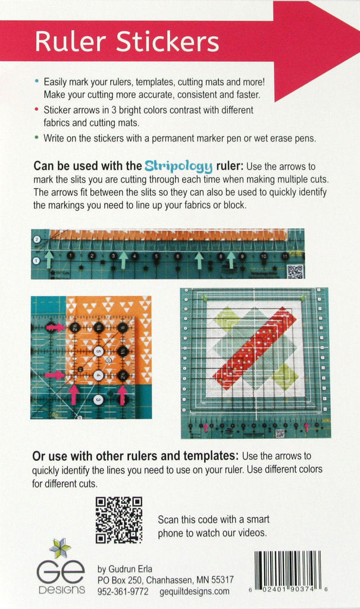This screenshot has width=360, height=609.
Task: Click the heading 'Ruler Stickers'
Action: pos(127,42)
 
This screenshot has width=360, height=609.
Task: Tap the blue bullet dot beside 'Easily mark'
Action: pos(37,80)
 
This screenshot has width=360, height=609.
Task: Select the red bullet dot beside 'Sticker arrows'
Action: pos(37,110)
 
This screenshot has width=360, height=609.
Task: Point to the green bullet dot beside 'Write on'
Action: pos(37,137)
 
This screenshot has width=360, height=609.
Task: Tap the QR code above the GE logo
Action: pos(119,520)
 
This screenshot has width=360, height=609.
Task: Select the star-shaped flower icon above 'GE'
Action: pos(60,548)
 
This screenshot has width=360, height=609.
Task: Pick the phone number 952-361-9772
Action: pos(123,591)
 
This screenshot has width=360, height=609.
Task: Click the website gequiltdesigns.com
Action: pos(195,591)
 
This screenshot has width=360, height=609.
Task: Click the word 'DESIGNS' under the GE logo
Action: pos(61,591)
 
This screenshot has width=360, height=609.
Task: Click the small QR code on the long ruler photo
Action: pos(295,271)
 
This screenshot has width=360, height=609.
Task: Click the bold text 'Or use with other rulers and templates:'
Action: pos(136,456)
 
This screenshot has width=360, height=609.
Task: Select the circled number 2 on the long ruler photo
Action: pos(36,239)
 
